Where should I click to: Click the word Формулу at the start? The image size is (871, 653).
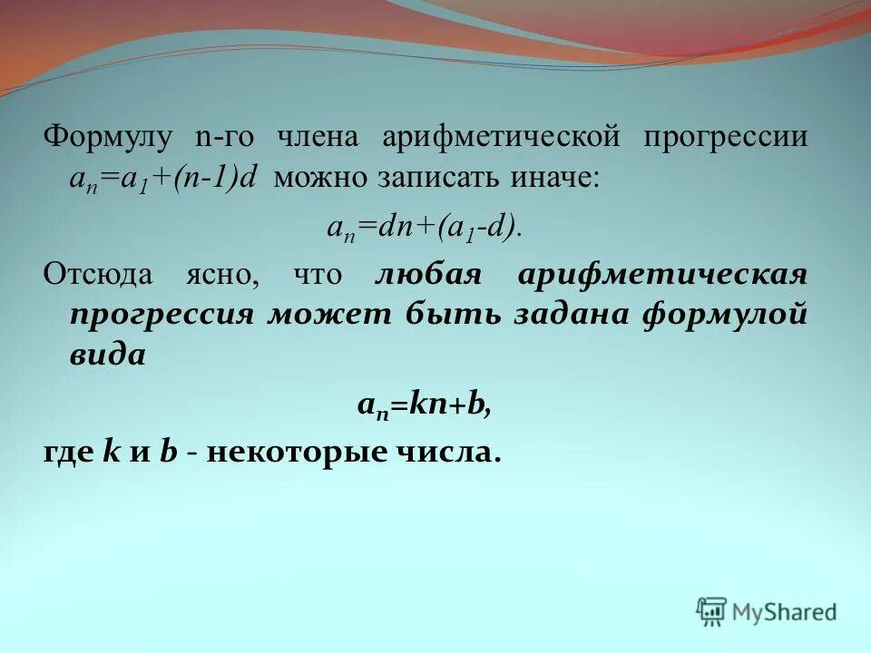(x=108, y=138)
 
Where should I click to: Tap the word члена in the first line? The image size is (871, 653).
(x=318, y=138)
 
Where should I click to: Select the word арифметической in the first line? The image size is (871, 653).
(x=501, y=138)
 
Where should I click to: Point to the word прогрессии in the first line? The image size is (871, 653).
(x=726, y=138)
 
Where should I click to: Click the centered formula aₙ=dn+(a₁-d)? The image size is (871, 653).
(x=424, y=227)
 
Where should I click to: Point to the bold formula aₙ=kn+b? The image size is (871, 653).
(x=422, y=404)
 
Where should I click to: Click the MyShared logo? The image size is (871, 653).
(x=767, y=610)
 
